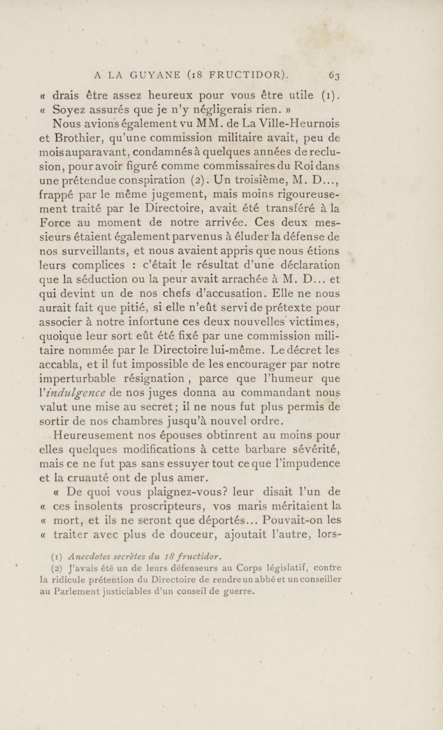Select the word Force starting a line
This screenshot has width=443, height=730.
coord(55,223)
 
